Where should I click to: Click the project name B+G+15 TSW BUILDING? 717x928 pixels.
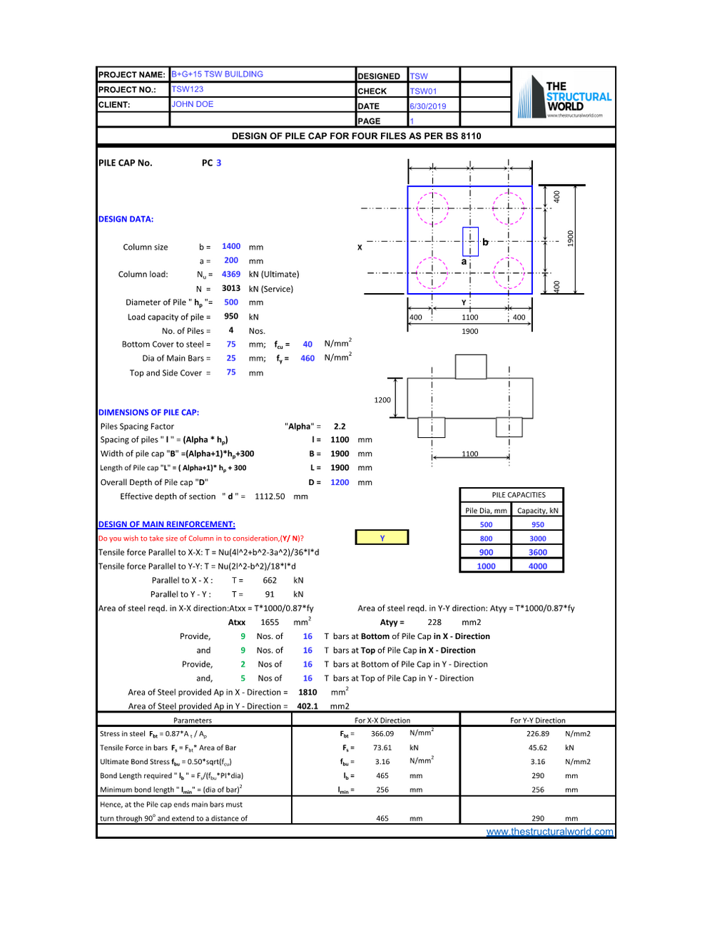217,74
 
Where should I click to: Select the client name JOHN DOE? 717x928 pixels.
193,104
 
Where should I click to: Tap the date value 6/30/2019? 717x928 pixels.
428,106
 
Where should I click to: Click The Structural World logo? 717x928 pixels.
564,98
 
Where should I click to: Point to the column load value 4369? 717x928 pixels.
231,274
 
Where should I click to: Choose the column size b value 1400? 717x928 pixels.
231,246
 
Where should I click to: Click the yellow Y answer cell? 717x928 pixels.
382,538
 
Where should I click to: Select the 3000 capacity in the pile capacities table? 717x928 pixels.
538,539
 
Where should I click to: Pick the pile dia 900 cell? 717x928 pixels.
486,552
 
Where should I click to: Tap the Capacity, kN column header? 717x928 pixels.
538,511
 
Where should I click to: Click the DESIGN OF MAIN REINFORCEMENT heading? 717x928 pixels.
166,524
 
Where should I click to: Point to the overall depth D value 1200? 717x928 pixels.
340,482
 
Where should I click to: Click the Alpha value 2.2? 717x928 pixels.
340,427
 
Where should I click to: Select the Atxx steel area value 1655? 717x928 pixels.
270,622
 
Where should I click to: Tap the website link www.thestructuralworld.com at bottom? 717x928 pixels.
549,832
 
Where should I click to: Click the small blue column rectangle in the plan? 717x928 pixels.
470,242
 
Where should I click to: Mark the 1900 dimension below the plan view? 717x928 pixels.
470,331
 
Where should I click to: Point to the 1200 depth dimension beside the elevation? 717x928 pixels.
382,400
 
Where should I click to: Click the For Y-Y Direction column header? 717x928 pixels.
537,720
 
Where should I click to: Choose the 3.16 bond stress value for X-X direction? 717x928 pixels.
382,762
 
